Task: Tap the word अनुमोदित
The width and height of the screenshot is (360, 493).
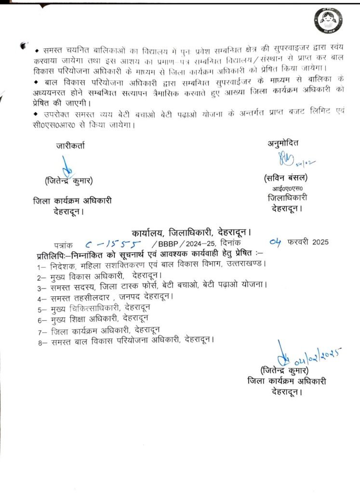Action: pos(283,144)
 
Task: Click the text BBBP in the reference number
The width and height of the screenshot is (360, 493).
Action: pos(168,244)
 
